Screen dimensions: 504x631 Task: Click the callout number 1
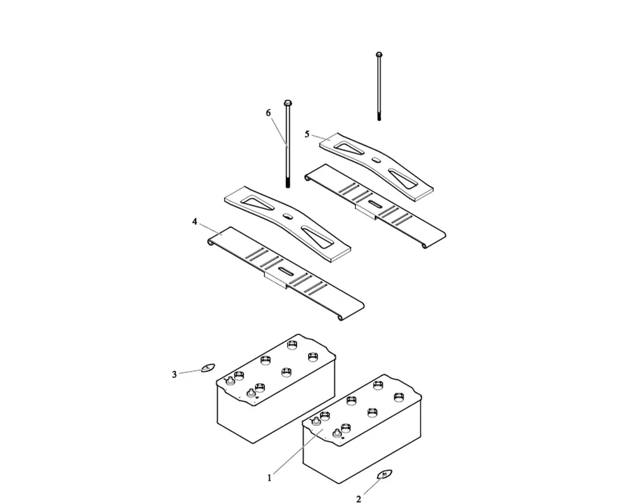pyautogui.click(x=269, y=478)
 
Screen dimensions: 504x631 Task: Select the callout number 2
pyautogui.click(x=358, y=500)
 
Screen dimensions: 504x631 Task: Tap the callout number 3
pyautogui.click(x=175, y=375)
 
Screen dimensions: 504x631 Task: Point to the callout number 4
pyautogui.click(x=195, y=222)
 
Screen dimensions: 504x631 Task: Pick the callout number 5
pyautogui.click(x=307, y=134)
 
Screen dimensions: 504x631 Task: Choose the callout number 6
pyautogui.click(x=268, y=112)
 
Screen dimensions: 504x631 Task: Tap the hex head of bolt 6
pyautogui.click(x=288, y=103)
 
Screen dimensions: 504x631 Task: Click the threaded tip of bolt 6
pyautogui.click(x=288, y=183)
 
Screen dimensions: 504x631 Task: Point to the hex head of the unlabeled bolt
pyautogui.click(x=379, y=55)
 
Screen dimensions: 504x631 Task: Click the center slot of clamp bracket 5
pyautogui.click(x=376, y=161)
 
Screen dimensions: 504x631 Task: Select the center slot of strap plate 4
pyautogui.click(x=286, y=272)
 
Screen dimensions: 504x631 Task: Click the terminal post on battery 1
pyautogui.click(x=345, y=428)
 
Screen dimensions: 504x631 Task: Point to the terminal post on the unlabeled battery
pyautogui.click(x=252, y=394)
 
